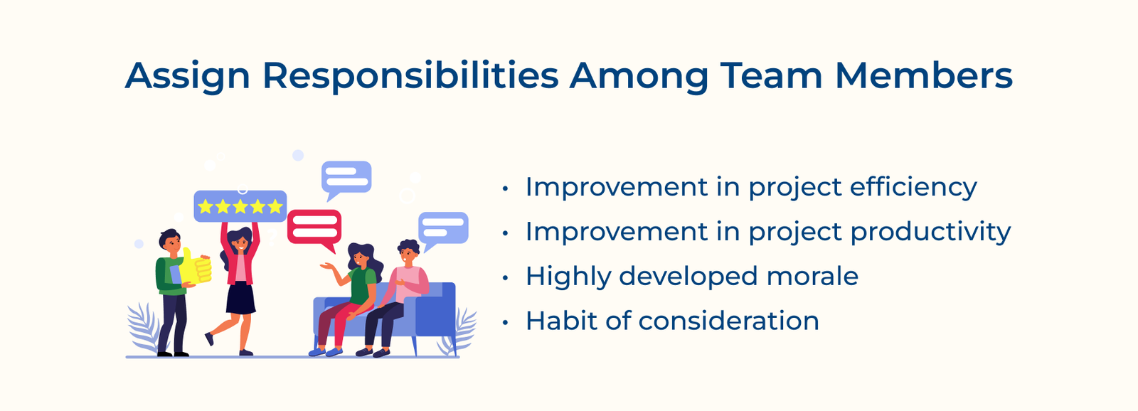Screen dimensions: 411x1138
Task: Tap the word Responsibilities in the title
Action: pyautogui.click(x=410, y=76)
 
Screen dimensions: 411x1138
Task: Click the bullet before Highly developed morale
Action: pyautogui.click(x=505, y=278)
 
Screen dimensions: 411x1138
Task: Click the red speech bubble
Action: pyautogui.click(x=314, y=228)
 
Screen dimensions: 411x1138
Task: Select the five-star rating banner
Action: pyautogui.click(x=240, y=206)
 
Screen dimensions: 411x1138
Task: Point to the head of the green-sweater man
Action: pyautogui.click(x=170, y=242)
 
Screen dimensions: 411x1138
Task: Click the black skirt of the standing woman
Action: pyautogui.click(x=240, y=298)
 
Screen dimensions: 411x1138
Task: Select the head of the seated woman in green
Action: pyautogui.click(x=360, y=256)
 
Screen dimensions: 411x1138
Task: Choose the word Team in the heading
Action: pyautogui.click(x=771, y=76)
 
